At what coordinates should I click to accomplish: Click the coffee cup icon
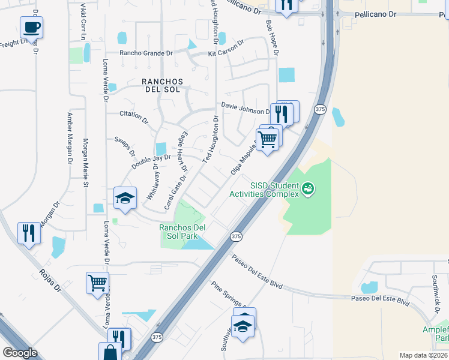(x=31, y=27)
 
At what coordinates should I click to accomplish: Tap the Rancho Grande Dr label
(x=146, y=53)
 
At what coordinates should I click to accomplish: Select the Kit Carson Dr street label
(x=227, y=48)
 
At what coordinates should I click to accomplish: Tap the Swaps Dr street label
(x=124, y=146)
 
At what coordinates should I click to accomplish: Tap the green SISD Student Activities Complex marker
(x=308, y=189)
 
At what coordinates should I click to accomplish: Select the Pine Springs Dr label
(x=229, y=295)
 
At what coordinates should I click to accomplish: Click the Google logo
(x=20, y=353)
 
